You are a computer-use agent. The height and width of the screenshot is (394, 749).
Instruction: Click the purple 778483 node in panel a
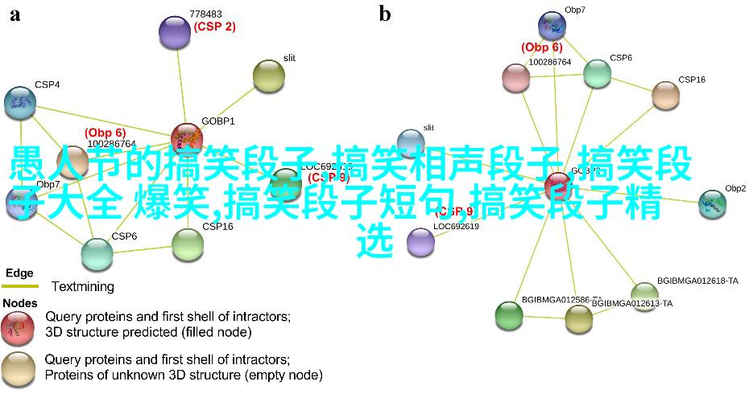click(x=175, y=32)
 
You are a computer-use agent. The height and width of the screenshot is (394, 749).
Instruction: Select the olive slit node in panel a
click(x=269, y=76)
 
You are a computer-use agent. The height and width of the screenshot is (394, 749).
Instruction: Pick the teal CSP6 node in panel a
click(x=97, y=254)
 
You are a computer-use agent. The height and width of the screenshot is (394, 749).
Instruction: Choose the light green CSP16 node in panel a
click(x=188, y=244)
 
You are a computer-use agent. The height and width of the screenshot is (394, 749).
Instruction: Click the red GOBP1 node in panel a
click(x=187, y=138)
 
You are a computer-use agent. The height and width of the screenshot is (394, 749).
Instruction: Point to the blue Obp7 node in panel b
click(x=552, y=25)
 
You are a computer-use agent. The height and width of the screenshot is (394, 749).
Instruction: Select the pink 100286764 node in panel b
click(x=515, y=77)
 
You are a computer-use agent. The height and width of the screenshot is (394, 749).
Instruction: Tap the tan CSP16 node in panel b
click(x=665, y=95)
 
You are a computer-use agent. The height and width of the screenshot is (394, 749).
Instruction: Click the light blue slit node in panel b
click(x=411, y=143)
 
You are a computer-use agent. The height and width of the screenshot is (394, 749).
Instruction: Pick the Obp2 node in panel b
click(x=712, y=204)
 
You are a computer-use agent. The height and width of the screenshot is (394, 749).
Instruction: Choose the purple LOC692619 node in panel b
click(x=420, y=241)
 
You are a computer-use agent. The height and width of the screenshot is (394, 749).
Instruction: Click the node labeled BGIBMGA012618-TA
click(x=644, y=293)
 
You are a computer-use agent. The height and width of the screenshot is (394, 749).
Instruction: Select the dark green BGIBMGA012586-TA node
click(x=509, y=314)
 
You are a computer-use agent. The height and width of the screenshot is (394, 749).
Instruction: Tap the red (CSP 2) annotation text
click(x=214, y=27)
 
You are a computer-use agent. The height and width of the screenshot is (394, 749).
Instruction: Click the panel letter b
click(x=385, y=14)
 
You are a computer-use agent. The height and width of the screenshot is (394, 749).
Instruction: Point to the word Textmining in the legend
click(x=82, y=286)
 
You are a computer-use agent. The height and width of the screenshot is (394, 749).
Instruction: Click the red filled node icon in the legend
click(x=18, y=326)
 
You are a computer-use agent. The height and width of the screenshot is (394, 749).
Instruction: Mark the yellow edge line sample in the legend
click(x=19, y=286)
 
